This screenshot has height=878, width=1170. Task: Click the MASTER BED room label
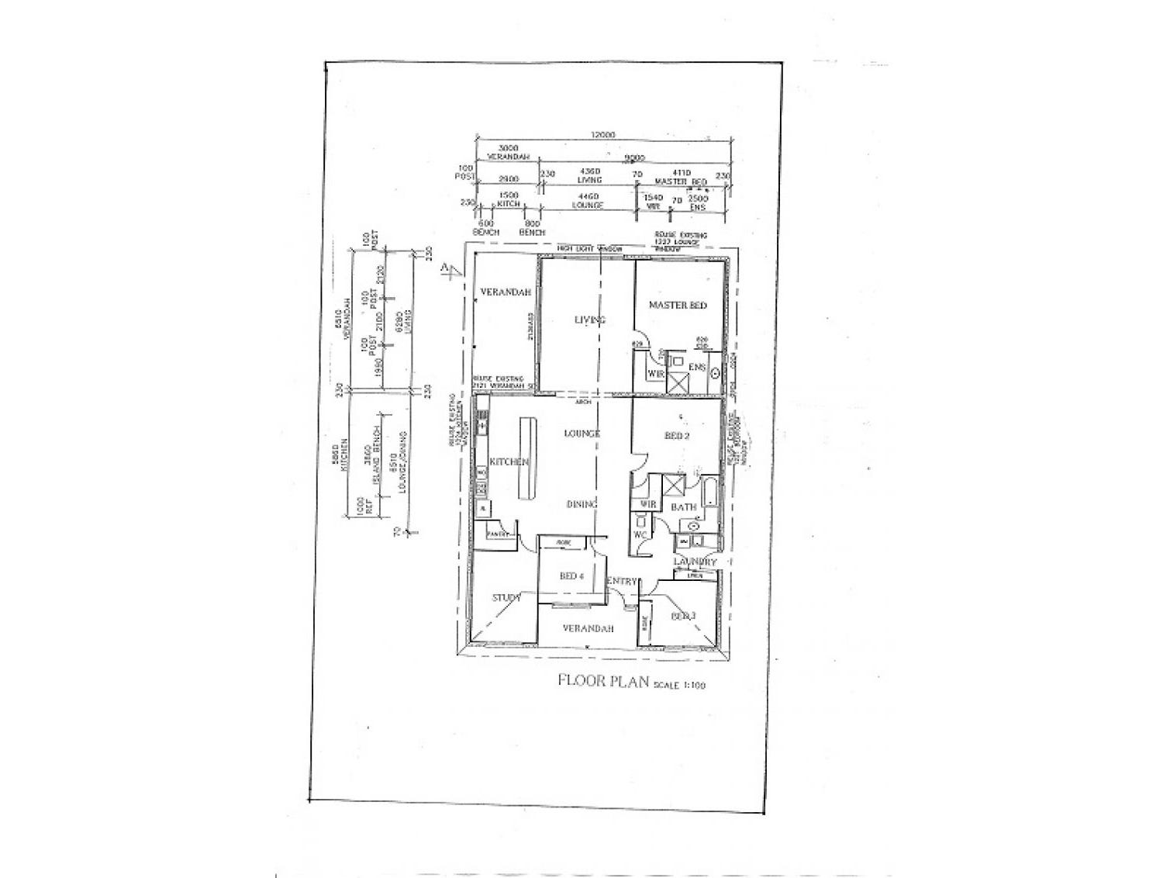pyautogui.click(x=678, y=306)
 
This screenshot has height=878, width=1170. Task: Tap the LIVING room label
pyautogui.click(x=589, y=320)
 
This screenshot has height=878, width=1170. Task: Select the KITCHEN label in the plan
pyautogui.click(x=509, y=462)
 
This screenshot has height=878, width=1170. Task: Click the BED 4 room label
pyautogui.click(x=571, y=576)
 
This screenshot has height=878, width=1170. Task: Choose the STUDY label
pyautogui.click(x=506, y=598)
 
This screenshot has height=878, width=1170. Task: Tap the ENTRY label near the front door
pyautogui.click(x=622, y=581)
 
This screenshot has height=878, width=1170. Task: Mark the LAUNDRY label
pyautogui.click(x=695, y=562)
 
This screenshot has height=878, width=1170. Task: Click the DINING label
pyautogui.click(x=582, y=504)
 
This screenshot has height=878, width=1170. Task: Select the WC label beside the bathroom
pyautogui.click(x=640, y=535)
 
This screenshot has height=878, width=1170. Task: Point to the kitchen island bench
pyautogui.click(x=530, y=458)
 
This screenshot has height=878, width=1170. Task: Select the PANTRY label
pyautogui.click(x=497, y=534)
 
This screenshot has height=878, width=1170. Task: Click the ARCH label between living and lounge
pyautogui.click(x=585, y=403)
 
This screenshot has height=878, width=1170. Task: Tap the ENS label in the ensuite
pyautogui.click(x=696, y=367)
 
